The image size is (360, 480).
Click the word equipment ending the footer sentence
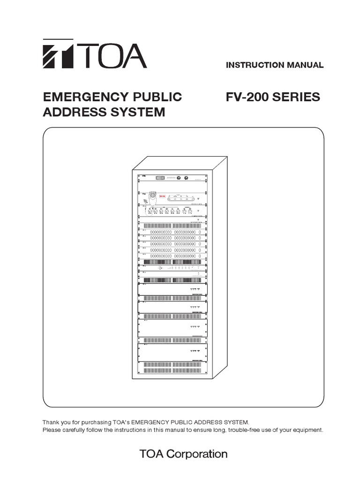[307, 430]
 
